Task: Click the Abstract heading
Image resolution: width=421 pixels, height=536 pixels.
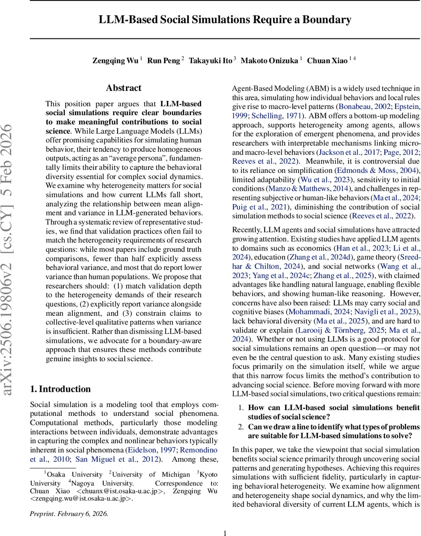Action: point(123,88)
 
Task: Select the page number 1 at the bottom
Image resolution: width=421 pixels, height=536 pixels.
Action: point(225,532)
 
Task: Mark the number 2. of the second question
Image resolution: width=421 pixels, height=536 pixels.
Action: point(240,426)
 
